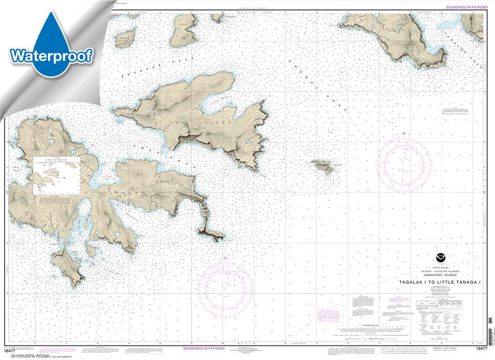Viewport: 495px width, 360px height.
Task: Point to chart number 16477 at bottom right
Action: (481, 349)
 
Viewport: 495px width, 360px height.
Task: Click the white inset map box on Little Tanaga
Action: (56, 175)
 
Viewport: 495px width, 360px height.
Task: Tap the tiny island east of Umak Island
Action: (323, 165)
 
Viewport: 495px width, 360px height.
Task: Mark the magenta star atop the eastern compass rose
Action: (404, 134)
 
